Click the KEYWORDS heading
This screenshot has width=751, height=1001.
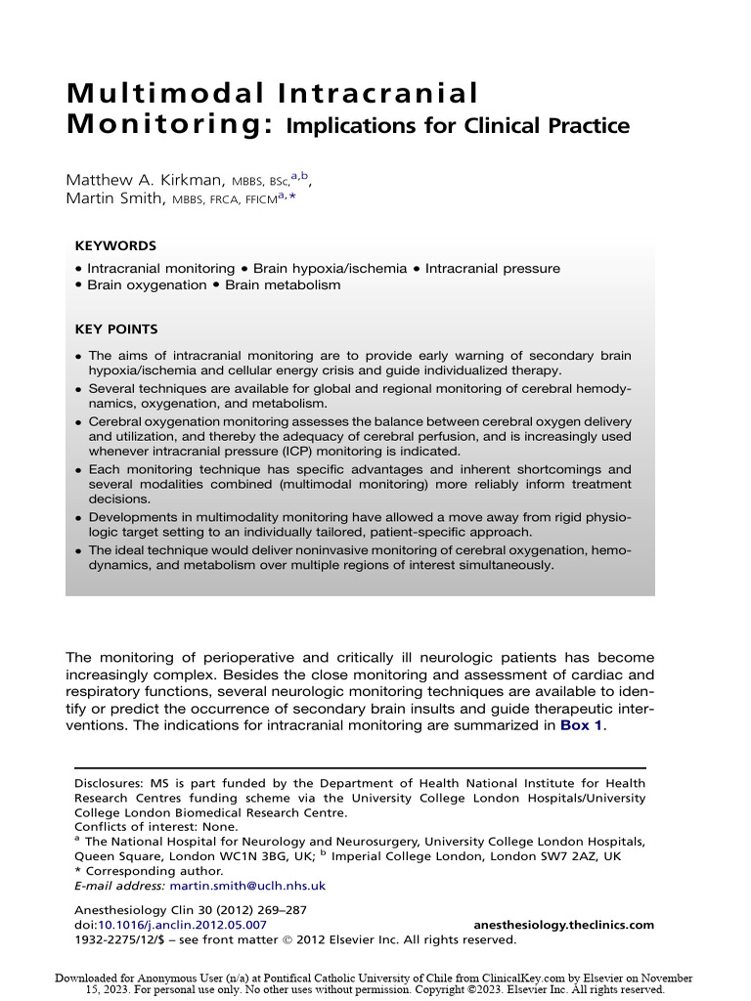[115, 246]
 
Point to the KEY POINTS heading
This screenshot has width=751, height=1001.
[116, 329]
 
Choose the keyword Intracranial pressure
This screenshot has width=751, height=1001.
[493, 268]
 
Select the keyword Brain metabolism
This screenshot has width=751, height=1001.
[283, 285]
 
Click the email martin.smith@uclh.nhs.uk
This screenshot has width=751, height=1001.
[247, 886]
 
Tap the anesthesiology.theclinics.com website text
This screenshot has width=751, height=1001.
[563, 925]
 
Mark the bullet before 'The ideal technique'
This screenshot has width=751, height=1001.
[79, 551]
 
